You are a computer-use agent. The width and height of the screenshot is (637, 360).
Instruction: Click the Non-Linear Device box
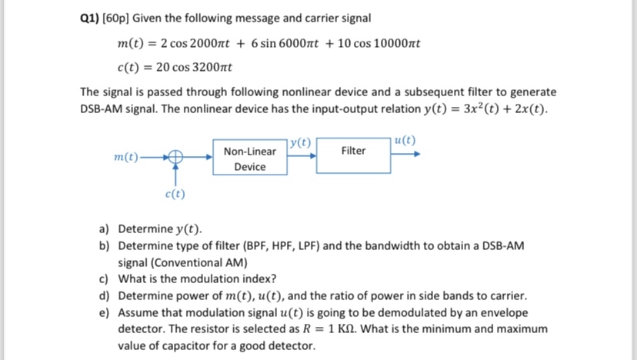[249, 158]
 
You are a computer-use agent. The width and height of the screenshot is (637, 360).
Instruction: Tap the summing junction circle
[175, 155]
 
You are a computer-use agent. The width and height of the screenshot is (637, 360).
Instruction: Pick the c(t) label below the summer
[175, 194]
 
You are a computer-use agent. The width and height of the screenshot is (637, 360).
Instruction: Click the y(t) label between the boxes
[301, 142]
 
